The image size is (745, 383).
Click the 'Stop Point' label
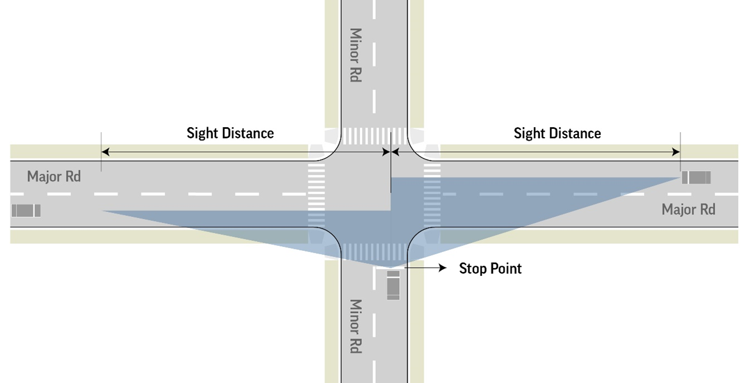[490, 269]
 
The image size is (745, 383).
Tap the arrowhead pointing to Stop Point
[443, 268]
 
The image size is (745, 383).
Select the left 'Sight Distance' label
[230, 133]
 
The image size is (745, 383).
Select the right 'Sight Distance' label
[557, 133]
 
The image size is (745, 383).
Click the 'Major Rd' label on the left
[54, 177]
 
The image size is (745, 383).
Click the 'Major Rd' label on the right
[688, 210]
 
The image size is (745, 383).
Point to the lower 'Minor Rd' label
[355, 326]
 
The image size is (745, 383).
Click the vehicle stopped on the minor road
[393, 285]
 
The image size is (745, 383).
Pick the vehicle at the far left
[26, 211]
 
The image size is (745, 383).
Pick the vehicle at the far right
[696, 178]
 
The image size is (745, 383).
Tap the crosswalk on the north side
[374, 136]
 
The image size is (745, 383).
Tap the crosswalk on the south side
[374, 251]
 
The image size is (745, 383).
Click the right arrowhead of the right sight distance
[676, 152]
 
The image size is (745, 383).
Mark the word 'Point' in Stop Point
[505, 269]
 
